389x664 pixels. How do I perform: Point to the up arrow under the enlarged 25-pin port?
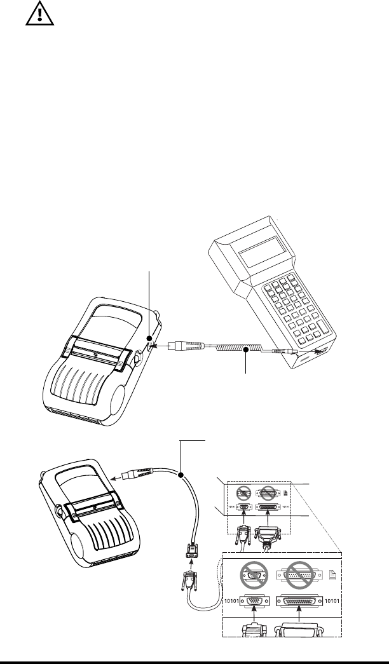point(299,620)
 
